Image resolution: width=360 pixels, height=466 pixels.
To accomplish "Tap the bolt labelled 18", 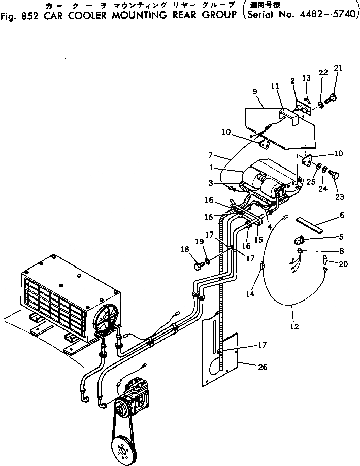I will pyautogui.click(x=198, y=265).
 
